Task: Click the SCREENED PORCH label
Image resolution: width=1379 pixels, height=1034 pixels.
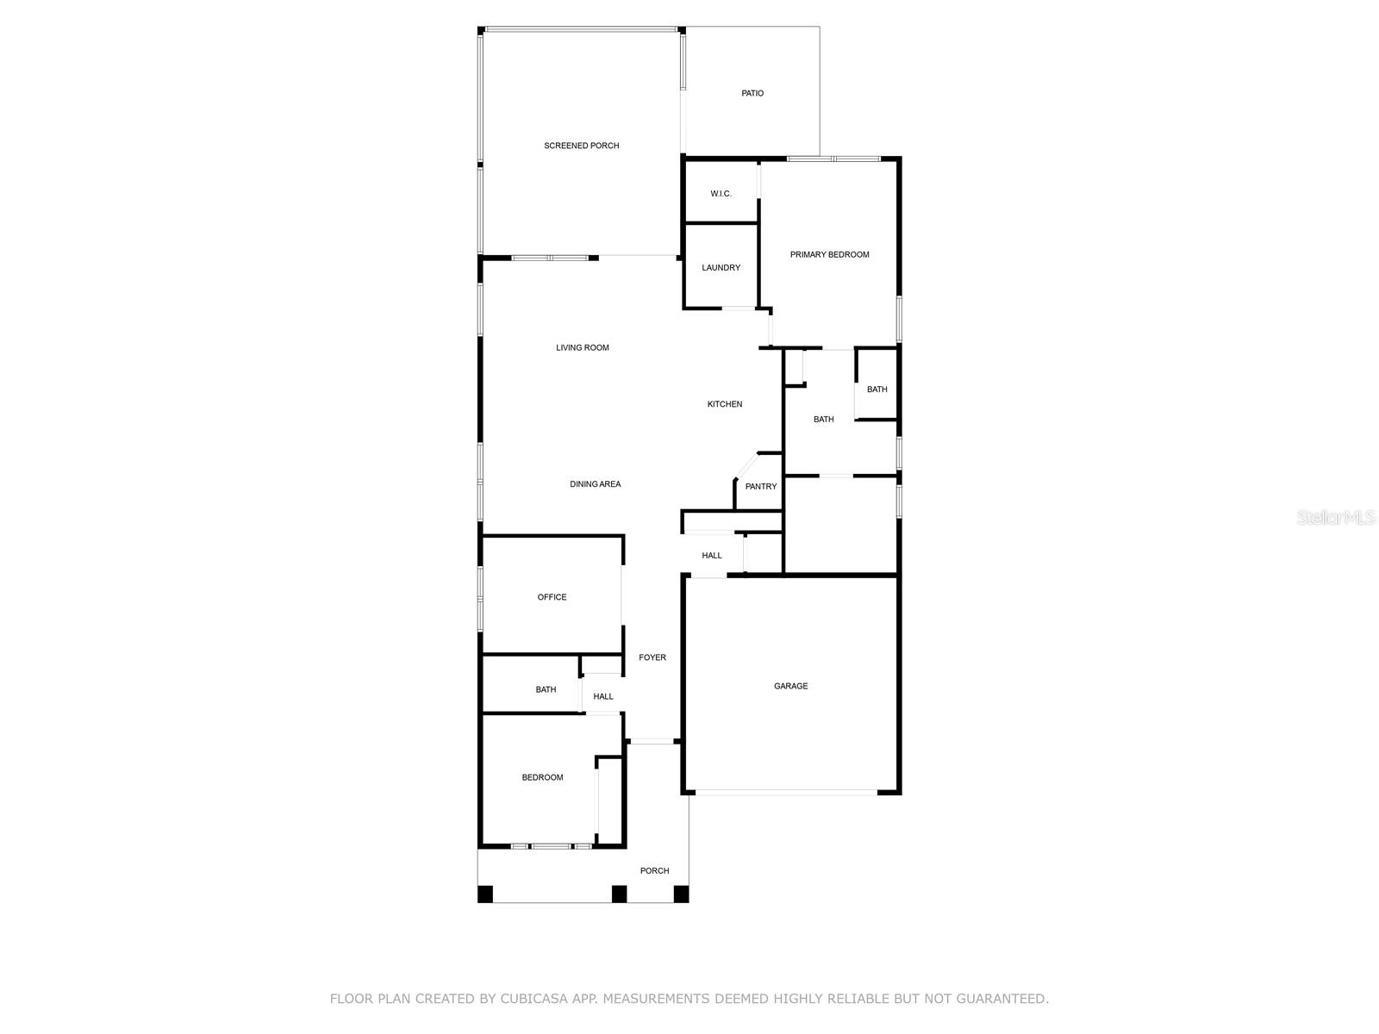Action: click(581, 146)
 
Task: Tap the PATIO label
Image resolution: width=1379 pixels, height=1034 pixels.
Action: click(752, 93)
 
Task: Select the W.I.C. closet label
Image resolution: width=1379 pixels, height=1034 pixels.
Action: click(721, 194)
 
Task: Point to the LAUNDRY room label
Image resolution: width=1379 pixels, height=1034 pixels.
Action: click(721, 268)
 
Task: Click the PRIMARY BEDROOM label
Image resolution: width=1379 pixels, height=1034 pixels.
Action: click(829, 254)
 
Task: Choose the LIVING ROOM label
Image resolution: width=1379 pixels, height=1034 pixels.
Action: click(582, 348)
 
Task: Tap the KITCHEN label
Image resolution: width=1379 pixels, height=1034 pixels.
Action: click(724, 404)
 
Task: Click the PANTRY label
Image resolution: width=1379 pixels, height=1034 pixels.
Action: click(760, 487)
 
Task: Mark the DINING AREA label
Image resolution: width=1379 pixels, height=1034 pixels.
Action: click(595, 484)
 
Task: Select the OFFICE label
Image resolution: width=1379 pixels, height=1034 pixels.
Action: click(552, 597)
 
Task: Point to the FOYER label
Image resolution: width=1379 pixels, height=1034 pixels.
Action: click(652, 657)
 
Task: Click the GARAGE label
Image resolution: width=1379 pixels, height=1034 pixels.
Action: click(790, 686)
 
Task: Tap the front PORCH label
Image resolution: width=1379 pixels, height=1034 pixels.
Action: click(654, 870)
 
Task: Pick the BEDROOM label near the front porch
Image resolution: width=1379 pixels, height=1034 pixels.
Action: click(542, 777)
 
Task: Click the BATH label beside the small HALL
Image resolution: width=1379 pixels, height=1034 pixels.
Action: click(546, 689)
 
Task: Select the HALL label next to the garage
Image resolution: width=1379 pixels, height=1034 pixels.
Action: click(711, 556)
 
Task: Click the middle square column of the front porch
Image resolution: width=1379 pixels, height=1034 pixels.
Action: click(619, 894)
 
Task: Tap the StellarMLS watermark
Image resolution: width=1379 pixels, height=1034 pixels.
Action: click(1336, 517)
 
